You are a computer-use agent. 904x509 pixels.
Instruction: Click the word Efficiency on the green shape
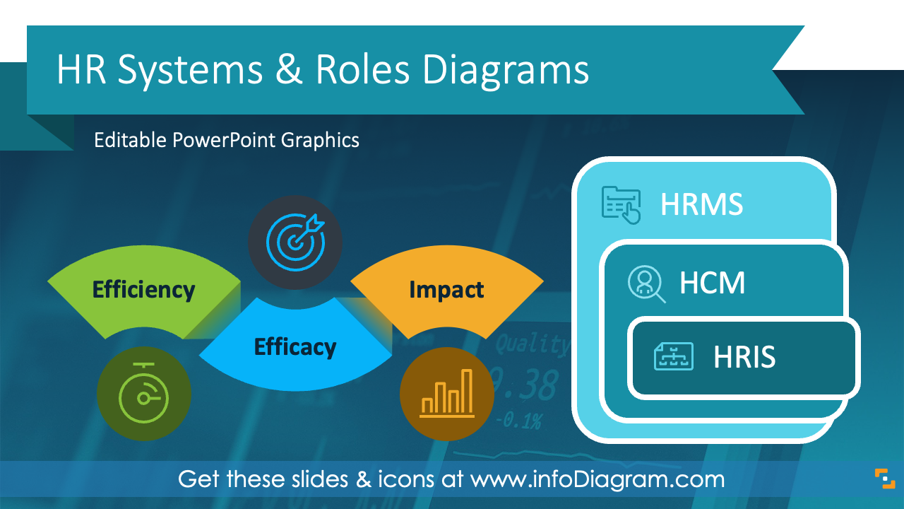click(x=143, y=290)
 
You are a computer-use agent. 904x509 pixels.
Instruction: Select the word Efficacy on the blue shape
click(x=295, y=347)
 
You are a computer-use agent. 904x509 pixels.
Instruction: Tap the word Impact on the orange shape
click(x=446, y=290)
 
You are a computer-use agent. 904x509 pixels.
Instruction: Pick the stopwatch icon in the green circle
click(x=143, y=394)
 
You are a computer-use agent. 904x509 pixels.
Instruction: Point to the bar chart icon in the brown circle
click(x=446, y=394)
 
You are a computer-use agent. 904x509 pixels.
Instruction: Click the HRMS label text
click(x=701, y=205)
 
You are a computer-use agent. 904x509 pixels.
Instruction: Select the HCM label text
click(x=712, y=283)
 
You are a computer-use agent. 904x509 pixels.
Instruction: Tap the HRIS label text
click(x=744, y=358)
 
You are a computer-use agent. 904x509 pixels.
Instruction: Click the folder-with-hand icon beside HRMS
click(x=621, y=206)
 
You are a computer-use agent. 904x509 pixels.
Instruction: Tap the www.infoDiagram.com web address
click(x=597, y=479)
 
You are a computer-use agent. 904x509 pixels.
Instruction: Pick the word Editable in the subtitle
click(x=131, y=140)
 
